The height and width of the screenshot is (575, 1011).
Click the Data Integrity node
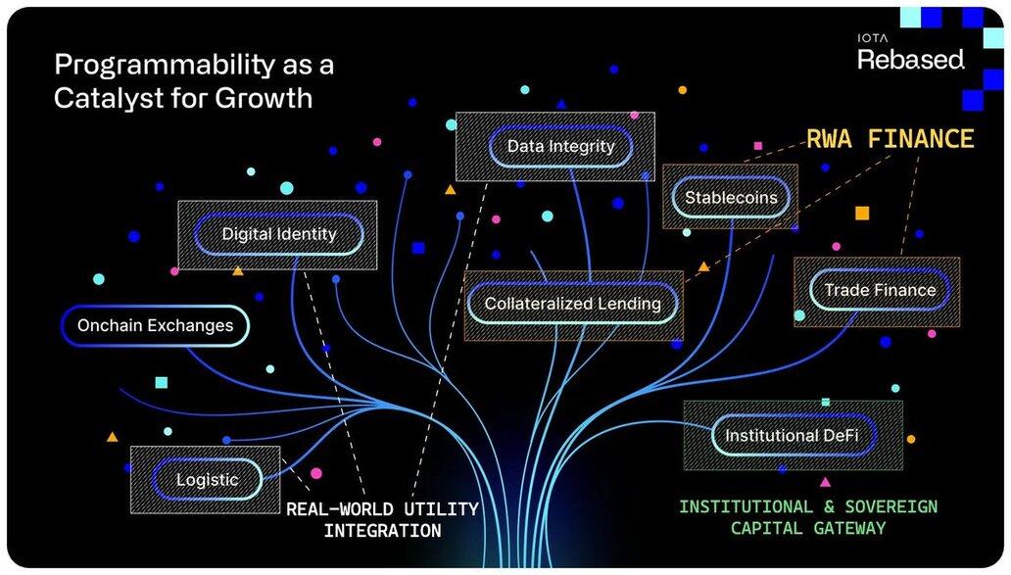coord(560,146)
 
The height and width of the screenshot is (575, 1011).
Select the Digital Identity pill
coord(278,234)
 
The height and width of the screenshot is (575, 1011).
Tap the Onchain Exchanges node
coord(155,325)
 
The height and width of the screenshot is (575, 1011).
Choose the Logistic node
coord(207,480)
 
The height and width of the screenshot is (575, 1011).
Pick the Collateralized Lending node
coord(572,303)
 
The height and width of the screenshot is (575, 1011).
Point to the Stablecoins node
coord(731,197)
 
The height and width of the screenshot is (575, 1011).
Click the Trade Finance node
coord(880,290)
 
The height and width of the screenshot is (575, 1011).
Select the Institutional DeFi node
coord(794,436)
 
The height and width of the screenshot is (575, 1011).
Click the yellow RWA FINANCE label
coord(891,138)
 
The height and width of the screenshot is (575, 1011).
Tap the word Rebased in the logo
coord(910,60)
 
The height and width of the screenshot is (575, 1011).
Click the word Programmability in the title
coord(165,65)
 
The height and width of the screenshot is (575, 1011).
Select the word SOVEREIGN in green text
coord(891,506)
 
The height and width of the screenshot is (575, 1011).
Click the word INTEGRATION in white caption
coord(382,531)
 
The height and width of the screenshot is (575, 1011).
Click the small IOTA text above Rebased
coord(872,38)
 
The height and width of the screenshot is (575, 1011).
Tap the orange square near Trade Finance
coord(862,214)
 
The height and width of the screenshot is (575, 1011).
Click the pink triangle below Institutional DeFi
coord(825,482)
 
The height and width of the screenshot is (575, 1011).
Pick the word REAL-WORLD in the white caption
coord(339,509)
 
